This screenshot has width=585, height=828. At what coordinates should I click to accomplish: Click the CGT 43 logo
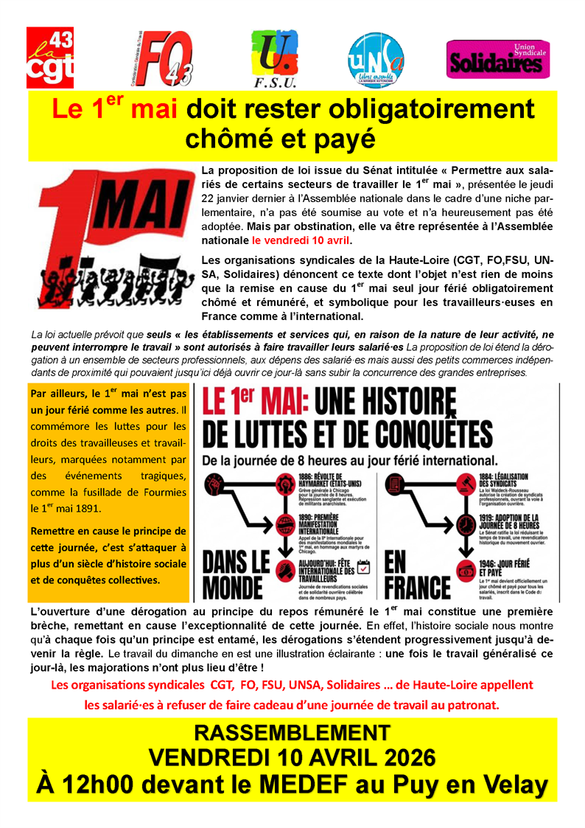click(x=50, y=58)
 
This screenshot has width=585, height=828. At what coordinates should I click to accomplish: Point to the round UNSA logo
click(x=376, y=59)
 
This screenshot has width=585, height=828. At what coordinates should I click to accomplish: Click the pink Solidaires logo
click(x=498, y=60)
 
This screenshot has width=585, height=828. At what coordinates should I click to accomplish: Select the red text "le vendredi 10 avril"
click(x=301, y=240)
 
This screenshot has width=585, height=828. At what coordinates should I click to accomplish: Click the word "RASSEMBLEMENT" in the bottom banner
click(x=292, y=732)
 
